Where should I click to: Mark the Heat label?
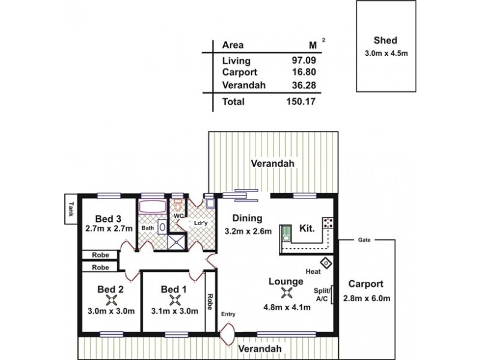[312, 272]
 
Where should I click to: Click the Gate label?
[364, 239]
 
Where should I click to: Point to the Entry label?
[228, 314]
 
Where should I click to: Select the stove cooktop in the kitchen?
[327, 223]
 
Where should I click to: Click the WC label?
[178, 215]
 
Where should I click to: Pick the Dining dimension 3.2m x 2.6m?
[248, 230]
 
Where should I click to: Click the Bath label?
[147, 228]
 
